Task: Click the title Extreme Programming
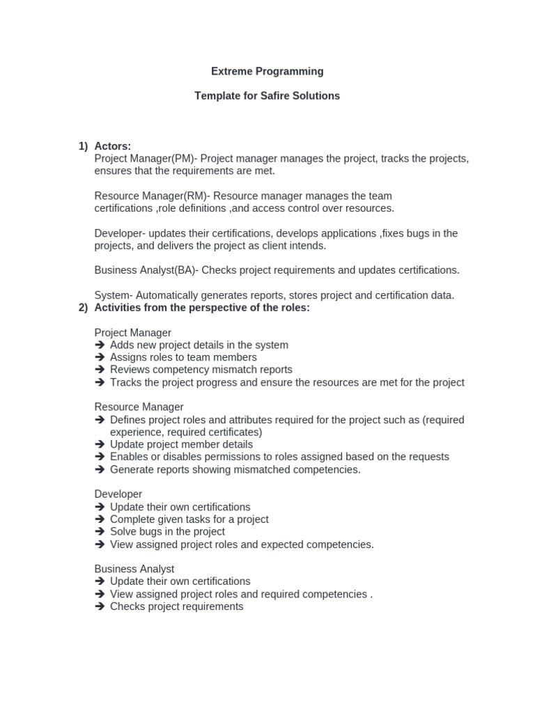[x=267, y=71]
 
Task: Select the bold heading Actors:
[x=112, y=146]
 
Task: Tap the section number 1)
[x=83, y=146]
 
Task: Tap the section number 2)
[x=83, y=308]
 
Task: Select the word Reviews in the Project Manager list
[x=130, y=370]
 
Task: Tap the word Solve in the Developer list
[x=123, y=532]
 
